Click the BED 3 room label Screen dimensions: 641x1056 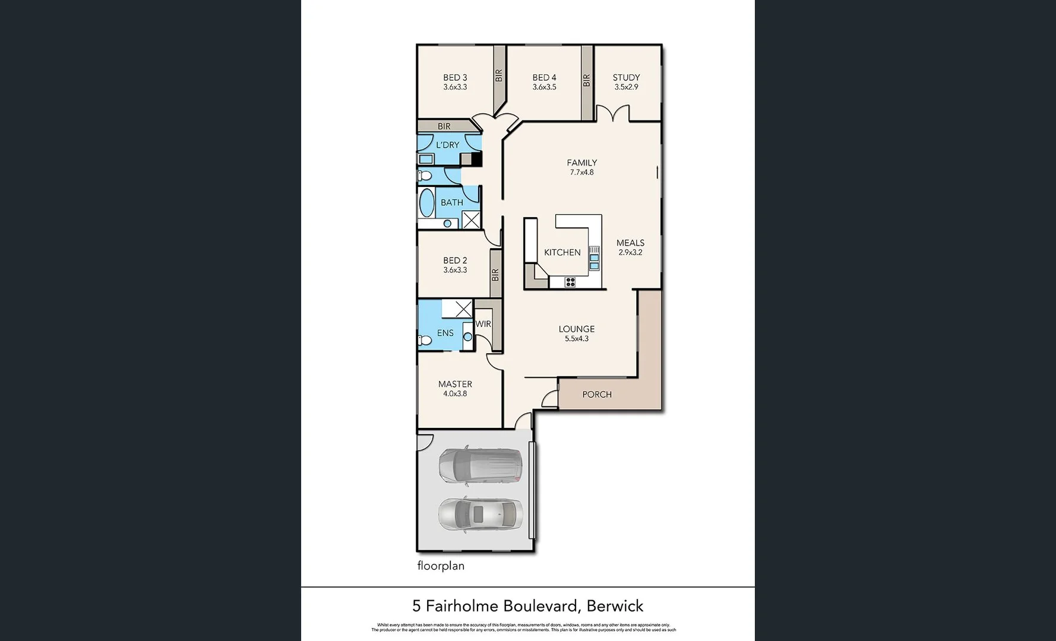pyautogui.click(x=455, y=78)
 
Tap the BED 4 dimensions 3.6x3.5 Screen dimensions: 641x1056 pyautogui.click(x=544, y=87)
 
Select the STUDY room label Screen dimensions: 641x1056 pyautogui.click(x=626, y=78)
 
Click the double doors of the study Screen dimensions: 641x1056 pyautogui.click(x=612, y=114)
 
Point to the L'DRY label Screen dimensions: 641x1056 pyautogui.click(x=447, y=145)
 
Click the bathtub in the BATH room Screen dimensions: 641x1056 pyautogui.click(x=426, y=204)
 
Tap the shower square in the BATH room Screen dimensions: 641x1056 pyautogui.click(x=471, y=220)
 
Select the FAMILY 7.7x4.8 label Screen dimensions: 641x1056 pyautogui.click(x=581, y=167)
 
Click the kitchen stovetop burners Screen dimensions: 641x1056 pyautogui.click(x=570, y=282)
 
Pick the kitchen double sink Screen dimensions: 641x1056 pyautogui.click(x=594, y=258)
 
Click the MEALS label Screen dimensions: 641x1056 pyautogui.click(x=630, y=243)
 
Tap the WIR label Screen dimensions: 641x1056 pyautogui.click(x=483, y=324)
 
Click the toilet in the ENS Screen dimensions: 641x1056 pyautogui.click(x=425, y=340)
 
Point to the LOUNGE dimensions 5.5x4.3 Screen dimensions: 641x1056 pyautogui.click(x=576, y=339)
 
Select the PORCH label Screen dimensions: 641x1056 pyautogui.click(x=597, y=395)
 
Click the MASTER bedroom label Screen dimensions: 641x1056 pyautogui.click(x=455, y=384)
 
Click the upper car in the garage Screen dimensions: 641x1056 pyautogui.click(x=480, y=465)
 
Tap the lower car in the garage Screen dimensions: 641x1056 pyautogui.click(x=480, y=514)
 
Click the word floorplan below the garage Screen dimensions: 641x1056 pyautogui.click(x=441, y=566)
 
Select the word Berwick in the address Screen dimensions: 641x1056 pyautogui.click(x=615, y=606)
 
